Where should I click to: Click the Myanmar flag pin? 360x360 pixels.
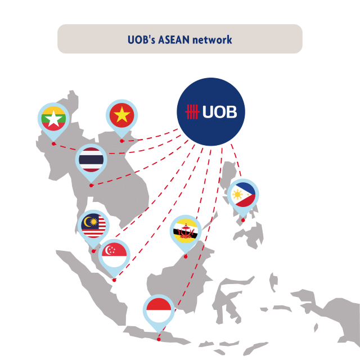point(53,119)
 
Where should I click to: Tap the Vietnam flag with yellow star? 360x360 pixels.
point(121,115)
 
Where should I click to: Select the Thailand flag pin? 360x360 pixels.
point(91,161)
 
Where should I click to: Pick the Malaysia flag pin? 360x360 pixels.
point(93,226)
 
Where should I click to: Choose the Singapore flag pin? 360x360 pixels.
point(114,255)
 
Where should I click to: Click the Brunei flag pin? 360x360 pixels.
point(186,231)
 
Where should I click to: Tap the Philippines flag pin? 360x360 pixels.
point(243,195)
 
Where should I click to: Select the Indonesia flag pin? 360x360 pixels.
point(159,311)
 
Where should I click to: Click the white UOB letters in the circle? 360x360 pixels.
point(220,112)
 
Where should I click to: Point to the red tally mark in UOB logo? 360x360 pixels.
point(192,112)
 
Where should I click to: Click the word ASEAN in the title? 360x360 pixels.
point(174,40)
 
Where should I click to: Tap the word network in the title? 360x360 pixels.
point(212,40)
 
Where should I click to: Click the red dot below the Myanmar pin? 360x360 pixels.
point(53,144)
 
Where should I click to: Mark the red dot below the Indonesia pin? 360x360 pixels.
point(159,339)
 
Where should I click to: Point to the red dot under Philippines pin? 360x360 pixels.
point(243,220)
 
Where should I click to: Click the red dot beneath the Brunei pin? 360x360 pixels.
point(186,256)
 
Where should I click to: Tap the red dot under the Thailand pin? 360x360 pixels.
point(91,186)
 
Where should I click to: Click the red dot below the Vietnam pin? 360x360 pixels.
point(121,141)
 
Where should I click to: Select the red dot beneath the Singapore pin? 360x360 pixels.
point(114,280)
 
